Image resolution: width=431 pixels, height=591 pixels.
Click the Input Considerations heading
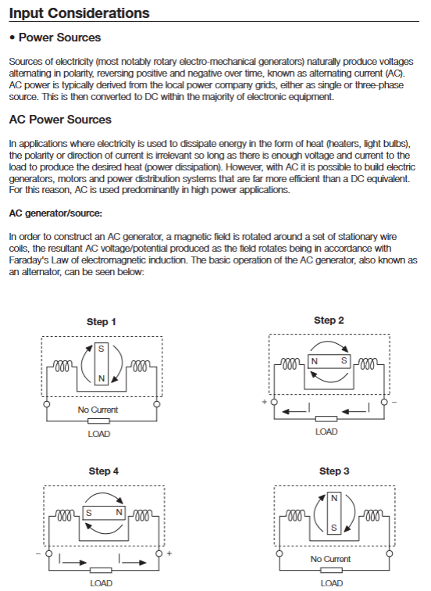79,13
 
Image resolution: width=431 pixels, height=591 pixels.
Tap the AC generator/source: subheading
55,213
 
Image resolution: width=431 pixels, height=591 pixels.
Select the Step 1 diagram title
102,322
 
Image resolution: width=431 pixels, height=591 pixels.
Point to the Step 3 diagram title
334,471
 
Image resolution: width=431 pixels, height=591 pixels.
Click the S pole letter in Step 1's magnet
102,349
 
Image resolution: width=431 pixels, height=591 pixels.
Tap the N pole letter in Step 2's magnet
315,361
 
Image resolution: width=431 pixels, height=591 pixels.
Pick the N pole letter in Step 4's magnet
119,512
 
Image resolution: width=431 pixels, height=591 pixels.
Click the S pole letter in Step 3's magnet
334,528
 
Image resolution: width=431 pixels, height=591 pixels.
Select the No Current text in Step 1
98,410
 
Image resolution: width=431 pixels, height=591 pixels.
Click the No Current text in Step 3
330,559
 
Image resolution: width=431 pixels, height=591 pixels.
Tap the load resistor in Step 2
326,419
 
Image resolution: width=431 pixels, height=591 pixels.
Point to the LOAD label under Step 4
102,583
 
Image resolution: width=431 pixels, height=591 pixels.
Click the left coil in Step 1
62,366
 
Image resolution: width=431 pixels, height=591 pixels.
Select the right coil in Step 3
373,515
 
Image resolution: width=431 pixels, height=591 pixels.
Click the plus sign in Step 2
264,402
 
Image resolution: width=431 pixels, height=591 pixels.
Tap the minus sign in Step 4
38,553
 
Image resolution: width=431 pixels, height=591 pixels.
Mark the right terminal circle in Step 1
157,404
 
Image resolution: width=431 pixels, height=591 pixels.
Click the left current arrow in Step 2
296,410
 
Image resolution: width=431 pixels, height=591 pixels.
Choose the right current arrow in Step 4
133,561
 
